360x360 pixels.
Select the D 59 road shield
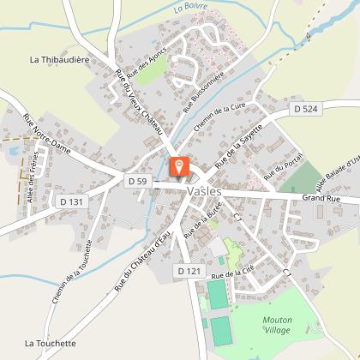coord(138,181)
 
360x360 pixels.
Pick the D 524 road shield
coord(304,109)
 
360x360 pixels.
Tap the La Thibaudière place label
coord(62,60)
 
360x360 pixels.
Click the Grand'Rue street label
coord(321,199)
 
